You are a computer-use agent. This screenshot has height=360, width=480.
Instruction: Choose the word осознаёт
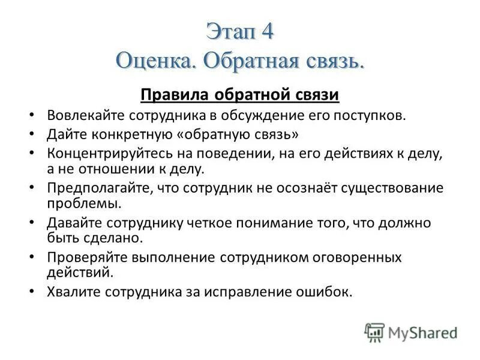302,188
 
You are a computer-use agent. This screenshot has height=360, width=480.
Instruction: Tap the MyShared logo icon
374,332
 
